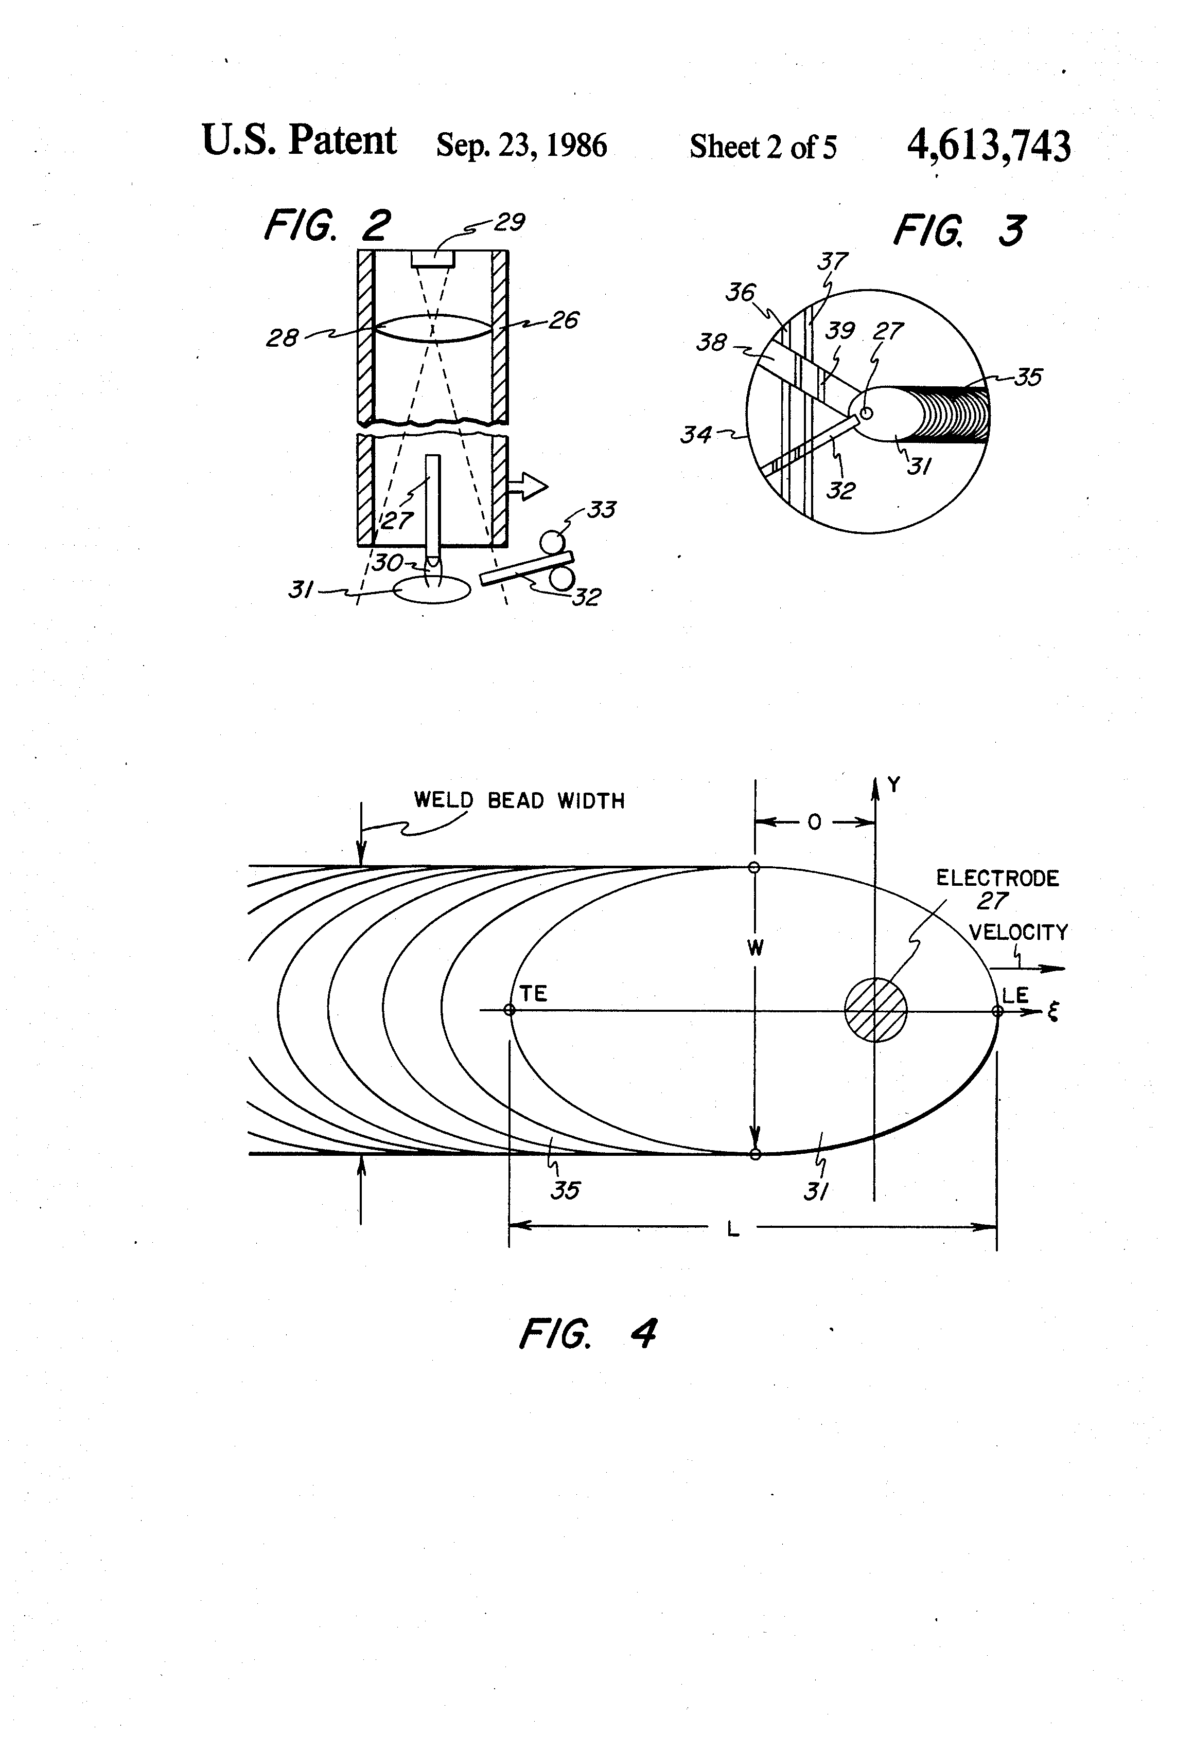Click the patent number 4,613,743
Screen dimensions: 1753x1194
click(x=988, y=146)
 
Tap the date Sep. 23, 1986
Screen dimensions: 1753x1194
click(x=521, y=146)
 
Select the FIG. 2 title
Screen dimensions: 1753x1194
click(x=327, y=225)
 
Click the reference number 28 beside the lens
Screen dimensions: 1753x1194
click(x=282, y=338)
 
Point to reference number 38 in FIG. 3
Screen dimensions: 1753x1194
click(x=711, y=343)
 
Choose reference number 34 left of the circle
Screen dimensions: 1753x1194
click(x=696, y=435)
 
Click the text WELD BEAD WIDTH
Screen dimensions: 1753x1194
click(x=519, y=800)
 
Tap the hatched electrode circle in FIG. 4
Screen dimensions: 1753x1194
click(x=875, y=1009)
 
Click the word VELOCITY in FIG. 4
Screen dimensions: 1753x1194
click(x=1018, y=933)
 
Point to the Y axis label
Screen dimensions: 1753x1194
click(x=893, y=785)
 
